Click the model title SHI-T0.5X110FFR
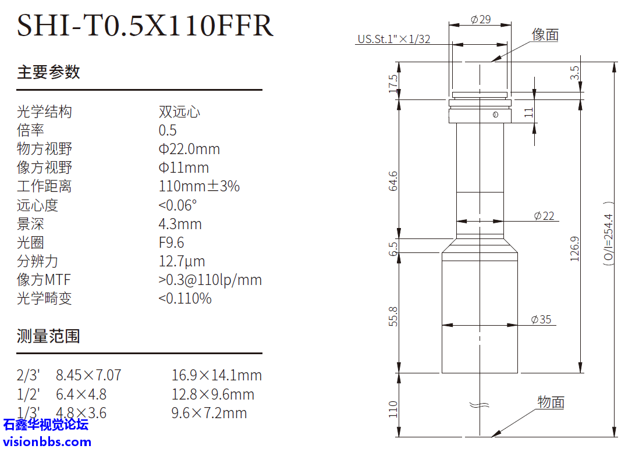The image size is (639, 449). pyautogui.click(x=145, y=25)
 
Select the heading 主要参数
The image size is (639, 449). pyautogui.click(x=48, y=72)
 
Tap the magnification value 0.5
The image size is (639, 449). pyautogui.click(x=168, y=130)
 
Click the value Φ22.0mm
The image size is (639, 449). pyautogui.click(x=189, y=149)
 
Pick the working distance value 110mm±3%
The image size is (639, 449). pyautogui.click(x=199, y=186)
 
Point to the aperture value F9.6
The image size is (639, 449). pyautogui.click(x=171, y=243)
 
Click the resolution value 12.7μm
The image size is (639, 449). pyautogui.click(x=182, y=261)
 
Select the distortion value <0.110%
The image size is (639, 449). pyautogui.click(x=185, y=298)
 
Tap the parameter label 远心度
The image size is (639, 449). pyautogui.click(x=37, y=205)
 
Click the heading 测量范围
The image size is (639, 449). pyautogui.click(x=48, y=336)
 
